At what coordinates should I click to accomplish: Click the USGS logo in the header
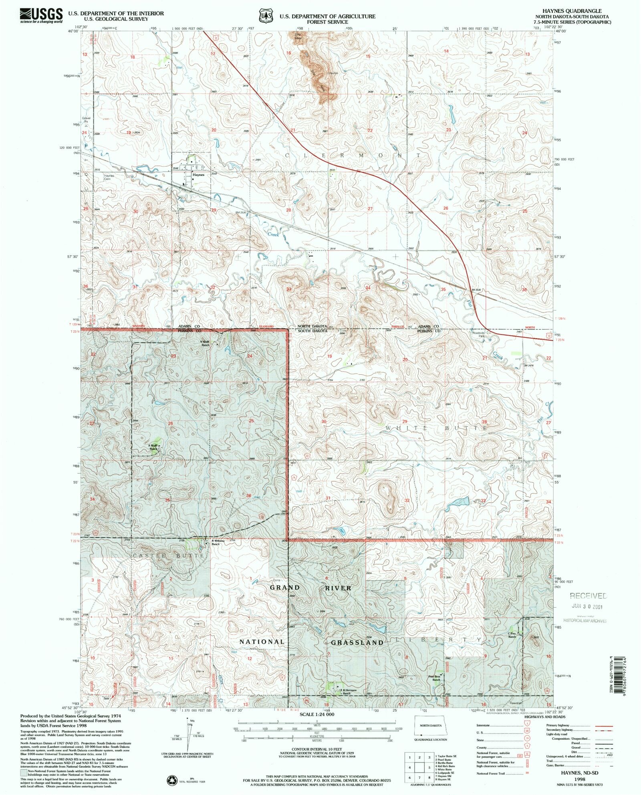coord(41,15)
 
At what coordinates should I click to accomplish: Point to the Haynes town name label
coord(198,175)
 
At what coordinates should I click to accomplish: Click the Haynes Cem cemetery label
coord(109,177)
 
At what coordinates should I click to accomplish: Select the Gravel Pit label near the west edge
coord(87,120)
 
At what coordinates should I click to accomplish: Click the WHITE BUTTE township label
coord(436,428)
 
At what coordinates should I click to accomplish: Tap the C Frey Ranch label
coord(512,635)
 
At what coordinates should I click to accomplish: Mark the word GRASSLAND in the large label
coord(357,642)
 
